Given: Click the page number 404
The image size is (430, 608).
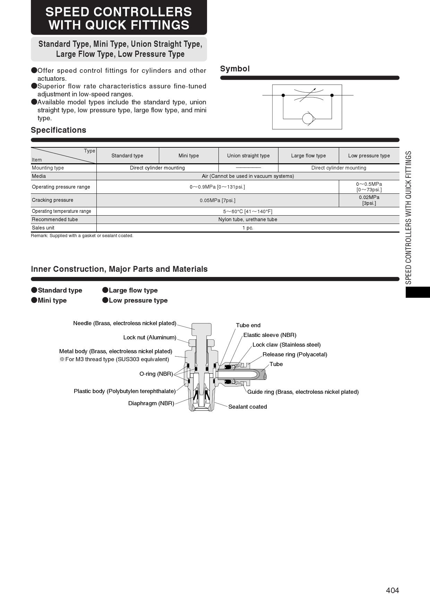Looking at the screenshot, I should (392, 590).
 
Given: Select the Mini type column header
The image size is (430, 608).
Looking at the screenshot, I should (189, 156).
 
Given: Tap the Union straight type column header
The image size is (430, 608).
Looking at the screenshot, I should (248, 156).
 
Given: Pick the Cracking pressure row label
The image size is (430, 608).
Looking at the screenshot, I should (53, 200).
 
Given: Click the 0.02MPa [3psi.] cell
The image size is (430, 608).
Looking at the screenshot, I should (369, 200).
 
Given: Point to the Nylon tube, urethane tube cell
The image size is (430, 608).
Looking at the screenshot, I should (248, 219).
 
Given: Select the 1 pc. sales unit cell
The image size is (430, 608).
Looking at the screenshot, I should (248, 228).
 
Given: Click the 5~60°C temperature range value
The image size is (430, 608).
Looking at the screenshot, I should (248, 211).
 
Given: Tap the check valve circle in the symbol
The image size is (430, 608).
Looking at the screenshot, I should (308, 119).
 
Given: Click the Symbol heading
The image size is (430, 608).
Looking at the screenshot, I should (235, 69).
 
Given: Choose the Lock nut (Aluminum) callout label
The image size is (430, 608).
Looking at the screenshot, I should (150, 337).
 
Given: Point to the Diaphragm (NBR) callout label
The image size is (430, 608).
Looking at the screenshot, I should (151, 403).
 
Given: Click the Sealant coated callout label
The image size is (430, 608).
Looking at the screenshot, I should (248, 407).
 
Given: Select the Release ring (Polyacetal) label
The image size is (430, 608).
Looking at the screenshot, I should (295, 354).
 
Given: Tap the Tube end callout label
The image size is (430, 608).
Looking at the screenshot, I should (248, 325).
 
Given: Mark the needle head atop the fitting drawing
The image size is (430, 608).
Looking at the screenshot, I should (201, 327).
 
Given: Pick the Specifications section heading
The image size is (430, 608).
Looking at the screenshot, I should (59, 130).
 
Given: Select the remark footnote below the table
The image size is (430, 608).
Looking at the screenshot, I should (82, 236).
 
